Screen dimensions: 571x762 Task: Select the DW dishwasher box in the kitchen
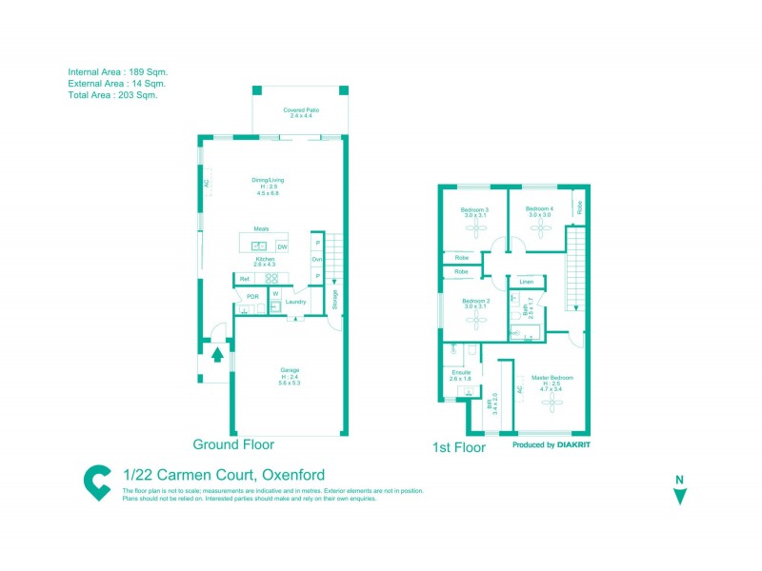pos(282,247)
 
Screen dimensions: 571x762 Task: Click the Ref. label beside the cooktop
pos(245,279)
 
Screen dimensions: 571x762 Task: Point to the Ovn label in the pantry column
pos(316,260)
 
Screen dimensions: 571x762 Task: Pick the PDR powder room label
pos(252,297)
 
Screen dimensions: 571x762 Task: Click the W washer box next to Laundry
pos(275,293)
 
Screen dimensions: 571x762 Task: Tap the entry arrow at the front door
pos(217,355)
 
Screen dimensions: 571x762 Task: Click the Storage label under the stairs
pos(335,298)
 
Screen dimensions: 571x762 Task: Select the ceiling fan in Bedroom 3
pos(473,228)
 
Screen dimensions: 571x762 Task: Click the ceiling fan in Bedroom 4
pos(540,228)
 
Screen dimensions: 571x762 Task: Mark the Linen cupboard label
pos(526,282)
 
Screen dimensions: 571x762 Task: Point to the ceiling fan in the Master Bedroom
pos(551,403)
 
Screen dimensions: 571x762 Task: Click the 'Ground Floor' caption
pos(233,444)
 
